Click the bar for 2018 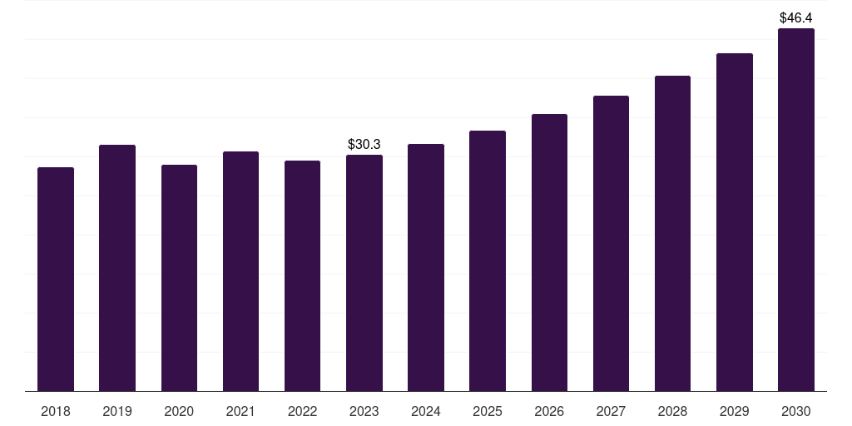[x=56, y=279]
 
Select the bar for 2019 [x=117, y=268]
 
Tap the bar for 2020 [x=179, y=278]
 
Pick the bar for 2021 [x=240, y=271]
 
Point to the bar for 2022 [x=302, y=275]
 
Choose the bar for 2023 [x=364, y=273]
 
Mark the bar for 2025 [x=488, y=260]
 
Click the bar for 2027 [x=611, y=243]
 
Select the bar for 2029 [x=734, y=222]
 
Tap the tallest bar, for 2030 [x=796, y=210]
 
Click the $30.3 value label [x=364, y=145]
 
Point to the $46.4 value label [x=796, y=17]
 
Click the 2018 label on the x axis [x=56, y=411]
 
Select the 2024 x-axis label [x=426, y=411]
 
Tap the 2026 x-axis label [x=549, y=411]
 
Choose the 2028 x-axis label [x=672, y=411]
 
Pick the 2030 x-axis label [x=796, y=411]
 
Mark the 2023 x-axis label [x=364, y=411]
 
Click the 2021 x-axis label [x=240, y=411]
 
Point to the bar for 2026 [x=549, y=252]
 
